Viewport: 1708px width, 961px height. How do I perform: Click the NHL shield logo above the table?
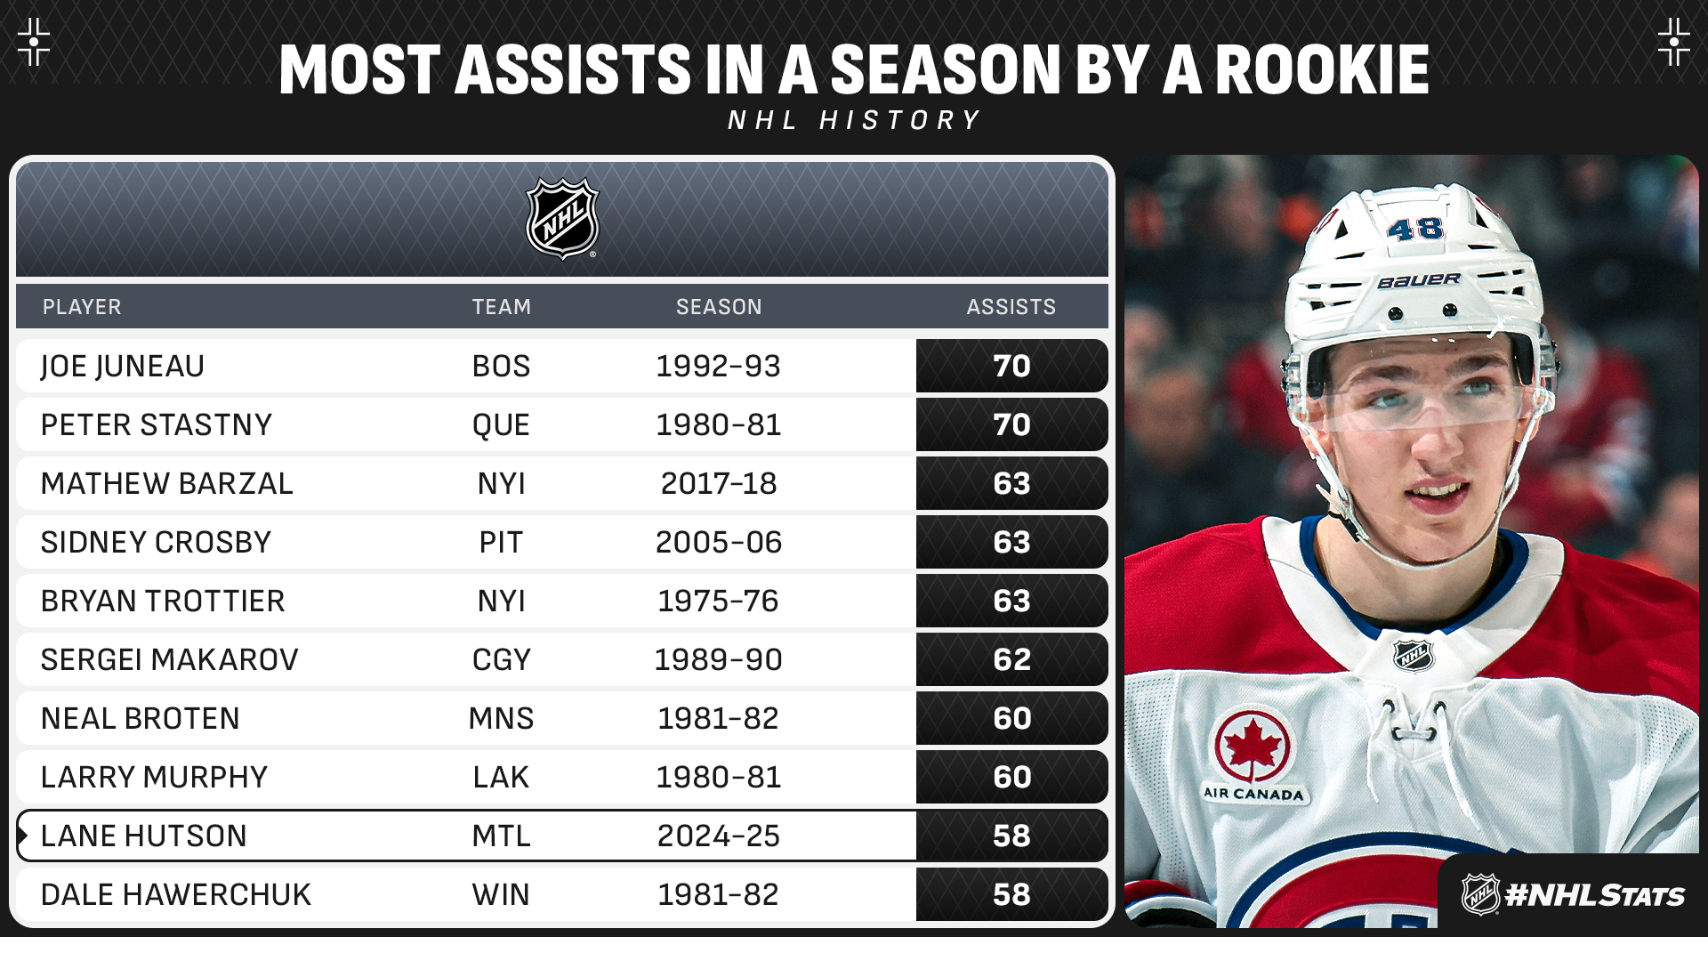(x=562, y=219)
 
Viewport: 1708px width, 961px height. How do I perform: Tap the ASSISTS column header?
(x=1011, y=307)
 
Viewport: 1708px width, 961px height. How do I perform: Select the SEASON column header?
(x=719, y=307)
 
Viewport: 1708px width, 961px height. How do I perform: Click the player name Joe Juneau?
(x=123, y=367)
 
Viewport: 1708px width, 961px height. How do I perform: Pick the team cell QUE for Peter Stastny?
(x=501, y=425)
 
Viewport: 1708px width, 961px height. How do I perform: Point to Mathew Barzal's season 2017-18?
(x=719, y=484)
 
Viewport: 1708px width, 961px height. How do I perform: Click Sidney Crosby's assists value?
(x=1011, y=543)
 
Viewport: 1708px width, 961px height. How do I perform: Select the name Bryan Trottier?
(x=163, y=602)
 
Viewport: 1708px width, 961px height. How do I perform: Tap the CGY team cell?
(x=501, y=660)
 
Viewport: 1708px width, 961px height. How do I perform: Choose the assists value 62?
(x=1011, y=660)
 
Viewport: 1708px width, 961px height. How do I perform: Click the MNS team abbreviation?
(x=501, y=719)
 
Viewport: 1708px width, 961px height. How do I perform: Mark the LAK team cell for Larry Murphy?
(x=501, y=778)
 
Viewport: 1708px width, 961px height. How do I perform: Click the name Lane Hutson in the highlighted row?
(x=144, y=836)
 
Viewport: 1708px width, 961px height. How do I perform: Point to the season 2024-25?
(x=719, y=836)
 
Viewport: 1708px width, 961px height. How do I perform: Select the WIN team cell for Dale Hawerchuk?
(x=501, y=895)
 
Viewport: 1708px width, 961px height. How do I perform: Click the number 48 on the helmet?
(x=1414, y=230)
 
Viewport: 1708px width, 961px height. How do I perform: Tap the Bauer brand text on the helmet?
(x=1419, y=281)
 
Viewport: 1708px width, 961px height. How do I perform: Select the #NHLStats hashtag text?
(x=1594, y=895)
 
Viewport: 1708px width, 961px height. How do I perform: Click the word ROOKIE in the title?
(x=1322, y=70)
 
